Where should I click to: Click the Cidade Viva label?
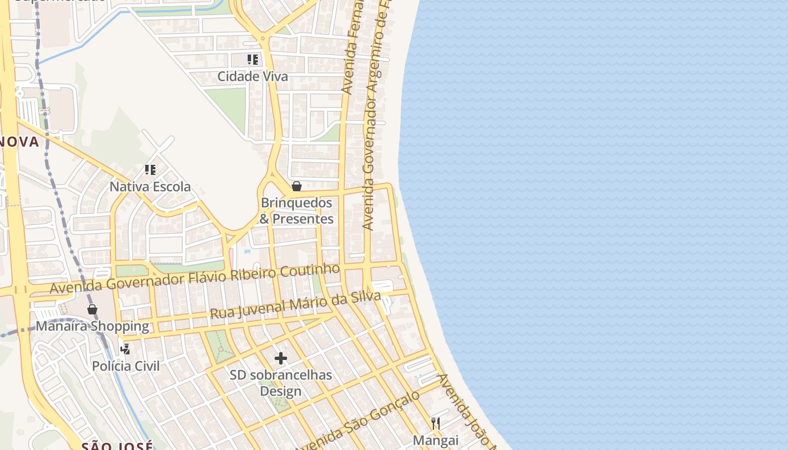pos(253,76)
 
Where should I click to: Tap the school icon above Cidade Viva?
pos(253,59)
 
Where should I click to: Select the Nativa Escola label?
pos(150,187)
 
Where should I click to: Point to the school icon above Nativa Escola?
pos(150,169)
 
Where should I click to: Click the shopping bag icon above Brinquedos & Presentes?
pos(297,186)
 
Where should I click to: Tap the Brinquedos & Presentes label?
pos(297,211)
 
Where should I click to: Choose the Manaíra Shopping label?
pos(92,326)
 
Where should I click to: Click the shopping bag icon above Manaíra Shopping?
pos(92,309)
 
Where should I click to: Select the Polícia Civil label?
pos(126,366)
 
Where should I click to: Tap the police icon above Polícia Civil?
pos(126,349)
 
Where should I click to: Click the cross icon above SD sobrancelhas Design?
pos(280,358)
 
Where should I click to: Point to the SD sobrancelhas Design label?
pos(280,383)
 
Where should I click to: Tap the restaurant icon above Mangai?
pos(436,423)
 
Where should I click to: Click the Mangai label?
pos(436,440)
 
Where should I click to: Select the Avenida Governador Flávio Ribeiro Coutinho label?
pos(195,278)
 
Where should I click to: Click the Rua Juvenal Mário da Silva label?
pos(295,305)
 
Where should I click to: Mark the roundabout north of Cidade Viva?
pos(263,39)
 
